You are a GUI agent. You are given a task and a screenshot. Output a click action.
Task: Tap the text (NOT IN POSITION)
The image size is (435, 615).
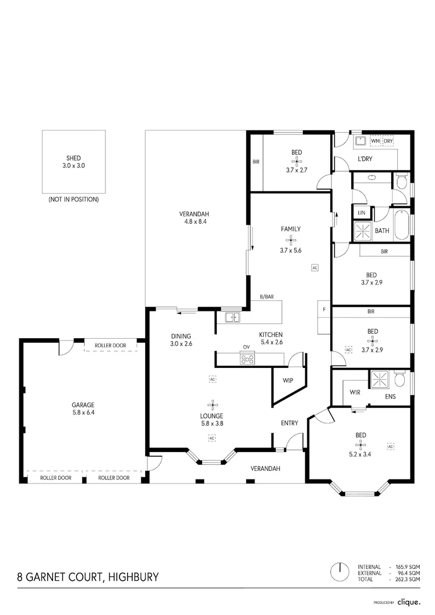73,200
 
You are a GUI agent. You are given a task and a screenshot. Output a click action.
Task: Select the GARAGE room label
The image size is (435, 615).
83,405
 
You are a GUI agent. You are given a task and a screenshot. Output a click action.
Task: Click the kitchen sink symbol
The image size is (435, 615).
232,317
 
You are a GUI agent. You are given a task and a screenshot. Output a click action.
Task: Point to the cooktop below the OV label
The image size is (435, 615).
247,359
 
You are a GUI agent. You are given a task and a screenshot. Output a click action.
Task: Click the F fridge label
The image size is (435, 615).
323,310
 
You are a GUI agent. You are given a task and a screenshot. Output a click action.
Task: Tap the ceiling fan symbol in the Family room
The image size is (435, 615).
290,240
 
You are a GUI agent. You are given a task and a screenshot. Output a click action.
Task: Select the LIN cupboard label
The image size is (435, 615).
361,212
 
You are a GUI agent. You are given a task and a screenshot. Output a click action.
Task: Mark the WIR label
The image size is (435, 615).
355,392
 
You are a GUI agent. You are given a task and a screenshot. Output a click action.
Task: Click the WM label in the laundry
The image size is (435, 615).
375,141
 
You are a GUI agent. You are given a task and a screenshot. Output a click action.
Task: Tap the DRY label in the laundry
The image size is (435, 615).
388,141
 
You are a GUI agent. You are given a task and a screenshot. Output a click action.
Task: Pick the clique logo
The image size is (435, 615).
409,601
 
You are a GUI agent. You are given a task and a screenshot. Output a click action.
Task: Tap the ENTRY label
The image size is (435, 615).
289,423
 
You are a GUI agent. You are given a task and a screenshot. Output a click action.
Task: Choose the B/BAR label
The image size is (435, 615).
266,297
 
